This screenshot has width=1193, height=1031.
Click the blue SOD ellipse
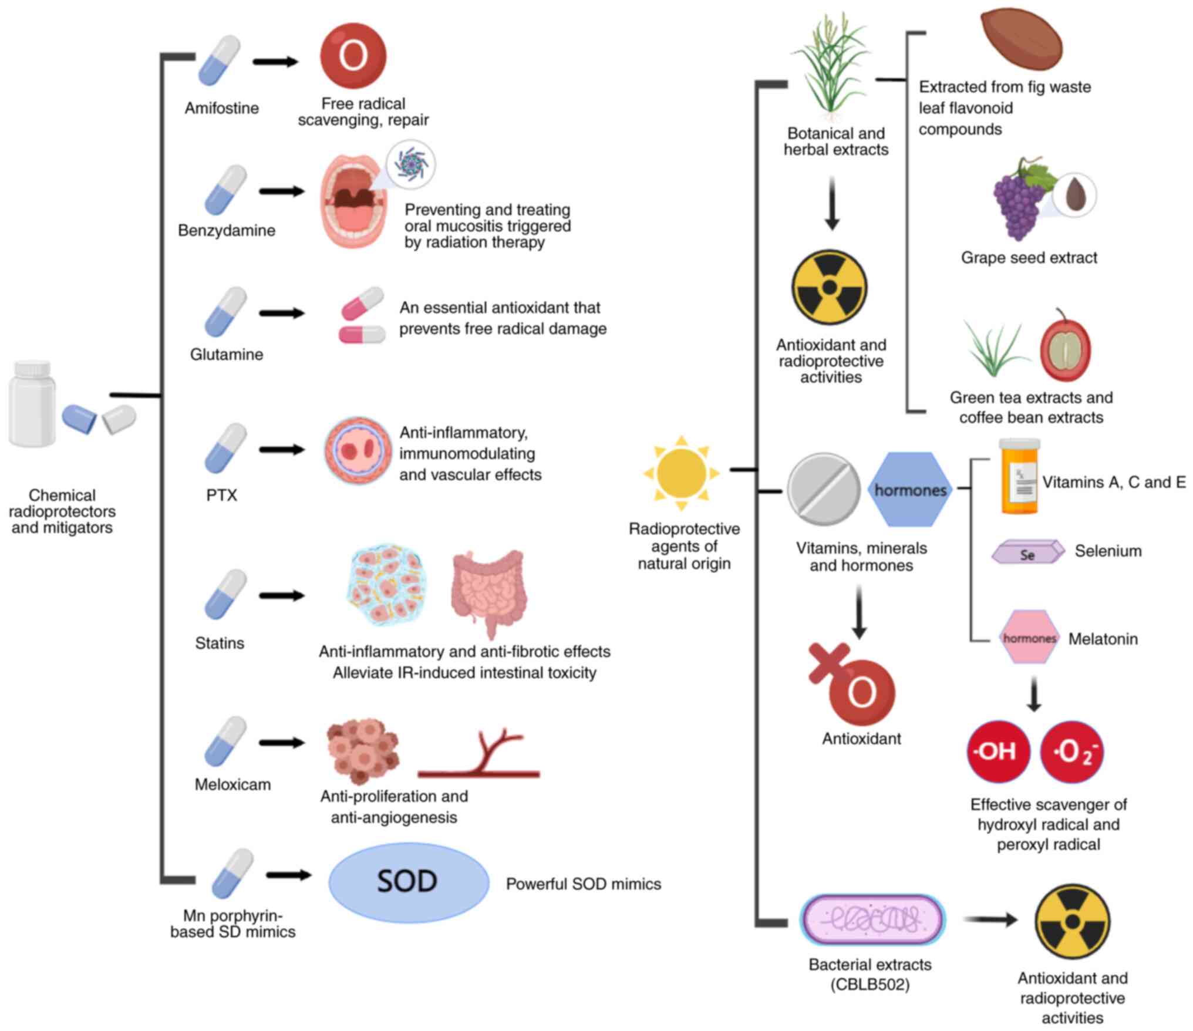coord(408,882)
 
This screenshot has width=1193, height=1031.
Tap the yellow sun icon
coord(681,473)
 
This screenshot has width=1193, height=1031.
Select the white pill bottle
coord(32,404)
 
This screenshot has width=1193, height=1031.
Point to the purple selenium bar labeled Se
coord(1027,552)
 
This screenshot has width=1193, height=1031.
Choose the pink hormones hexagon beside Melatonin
coord(1029,638)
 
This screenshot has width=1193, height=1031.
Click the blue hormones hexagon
coord(909,489)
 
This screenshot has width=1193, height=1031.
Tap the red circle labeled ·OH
coord(998,752)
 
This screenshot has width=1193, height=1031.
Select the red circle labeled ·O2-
coord(1071,752)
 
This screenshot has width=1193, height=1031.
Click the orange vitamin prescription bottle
coord(1019,477)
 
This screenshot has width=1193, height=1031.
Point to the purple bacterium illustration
coord(872,919)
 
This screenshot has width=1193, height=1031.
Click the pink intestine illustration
coord(489,593)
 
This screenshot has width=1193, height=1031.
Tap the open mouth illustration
coord(353,201)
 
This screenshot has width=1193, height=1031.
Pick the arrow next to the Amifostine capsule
coord(276,61)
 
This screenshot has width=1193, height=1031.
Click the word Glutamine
coord(226,355)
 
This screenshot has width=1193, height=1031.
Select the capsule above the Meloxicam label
coord(225,742)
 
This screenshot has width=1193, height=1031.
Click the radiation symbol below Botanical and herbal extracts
coord(829,288)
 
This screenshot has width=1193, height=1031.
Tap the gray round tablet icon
coord(823,489)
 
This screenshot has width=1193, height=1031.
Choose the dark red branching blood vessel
coord(478,754)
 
